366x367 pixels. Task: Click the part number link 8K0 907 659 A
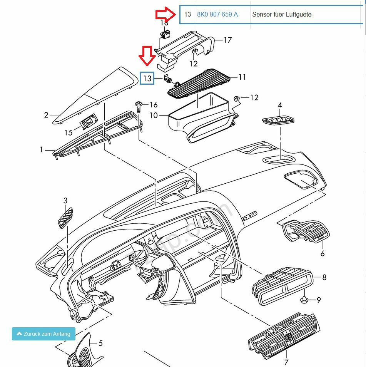click(x=217, y=15)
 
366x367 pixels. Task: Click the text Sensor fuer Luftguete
click(x=281, y=15)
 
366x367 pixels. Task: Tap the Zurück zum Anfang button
click(x=43, y=334)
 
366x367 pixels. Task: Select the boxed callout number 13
click(x=147, y=79)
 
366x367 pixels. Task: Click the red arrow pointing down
click(x=147, y=55)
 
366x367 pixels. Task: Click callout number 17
click(x=227, y=40)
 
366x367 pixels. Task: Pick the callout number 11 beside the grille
click(x=242, y=77)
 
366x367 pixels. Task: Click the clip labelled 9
click(x=305, y=300)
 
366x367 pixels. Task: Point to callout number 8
click(x=324, y=277)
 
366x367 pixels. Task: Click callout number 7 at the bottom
click(x=286, y=362)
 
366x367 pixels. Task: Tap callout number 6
click(x=323, y=253)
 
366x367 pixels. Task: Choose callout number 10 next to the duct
click(x=154, y=115)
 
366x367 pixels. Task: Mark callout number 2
click(x=46, y=115)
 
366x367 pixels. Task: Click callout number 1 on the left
click(x=42, y=149)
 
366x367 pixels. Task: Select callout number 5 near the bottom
click(x=100, y=343)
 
